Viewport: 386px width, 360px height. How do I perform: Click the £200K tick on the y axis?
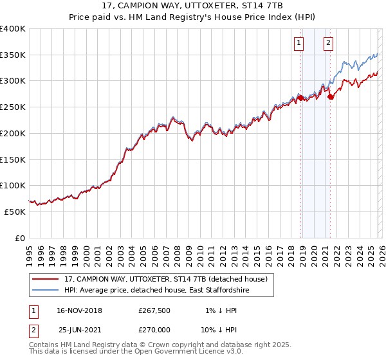click(x=13, y=133)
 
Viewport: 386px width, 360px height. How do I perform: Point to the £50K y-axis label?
click(x=15, y=212)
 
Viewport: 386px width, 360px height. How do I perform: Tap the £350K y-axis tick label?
click(x=13, y=55)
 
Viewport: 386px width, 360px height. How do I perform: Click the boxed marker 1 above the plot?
click(x=299, y=43)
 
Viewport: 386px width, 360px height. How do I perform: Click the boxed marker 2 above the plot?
click(x=328, y=43)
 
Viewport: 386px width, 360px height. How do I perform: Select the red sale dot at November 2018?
click(x=300, y=98)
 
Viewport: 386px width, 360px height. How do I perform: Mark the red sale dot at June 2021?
click(x=330, y=97)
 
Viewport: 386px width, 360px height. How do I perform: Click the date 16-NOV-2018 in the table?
click(x=79, y=310)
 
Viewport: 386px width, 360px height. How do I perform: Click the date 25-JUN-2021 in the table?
click(x=79, y=330)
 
